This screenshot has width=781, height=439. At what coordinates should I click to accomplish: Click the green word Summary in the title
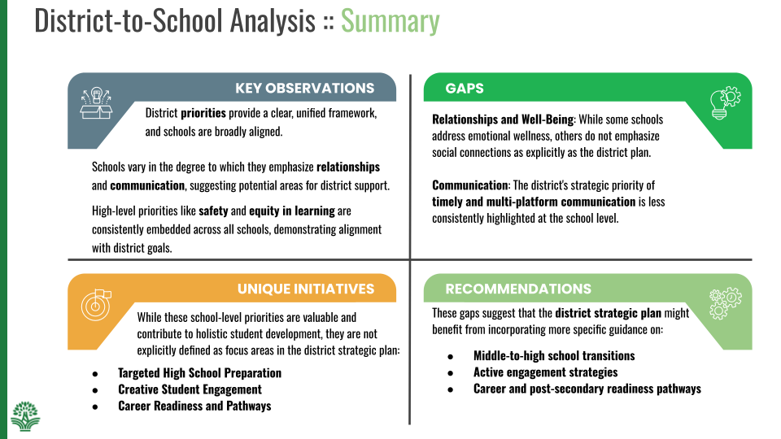point(390,20)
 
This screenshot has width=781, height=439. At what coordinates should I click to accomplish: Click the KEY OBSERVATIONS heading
point(305,88)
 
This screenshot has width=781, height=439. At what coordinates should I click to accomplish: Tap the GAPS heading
point(465,88)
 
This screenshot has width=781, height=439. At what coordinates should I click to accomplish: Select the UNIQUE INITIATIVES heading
point(306,289)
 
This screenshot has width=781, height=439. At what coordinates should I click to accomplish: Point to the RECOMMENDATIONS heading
point(518,289)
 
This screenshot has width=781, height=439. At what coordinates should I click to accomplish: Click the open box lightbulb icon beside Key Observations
point(96,102)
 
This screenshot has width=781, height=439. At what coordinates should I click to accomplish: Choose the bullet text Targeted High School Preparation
point(199,373)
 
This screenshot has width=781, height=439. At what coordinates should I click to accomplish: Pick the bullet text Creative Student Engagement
point(190,389)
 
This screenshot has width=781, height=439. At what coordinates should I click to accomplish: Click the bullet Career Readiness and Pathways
point(194,406)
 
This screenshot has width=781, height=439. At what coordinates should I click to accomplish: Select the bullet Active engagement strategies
point(545,372)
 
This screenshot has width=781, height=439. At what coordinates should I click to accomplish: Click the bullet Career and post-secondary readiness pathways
point(587,389)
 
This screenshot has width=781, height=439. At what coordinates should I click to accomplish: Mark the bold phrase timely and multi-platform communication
point(534,201)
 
